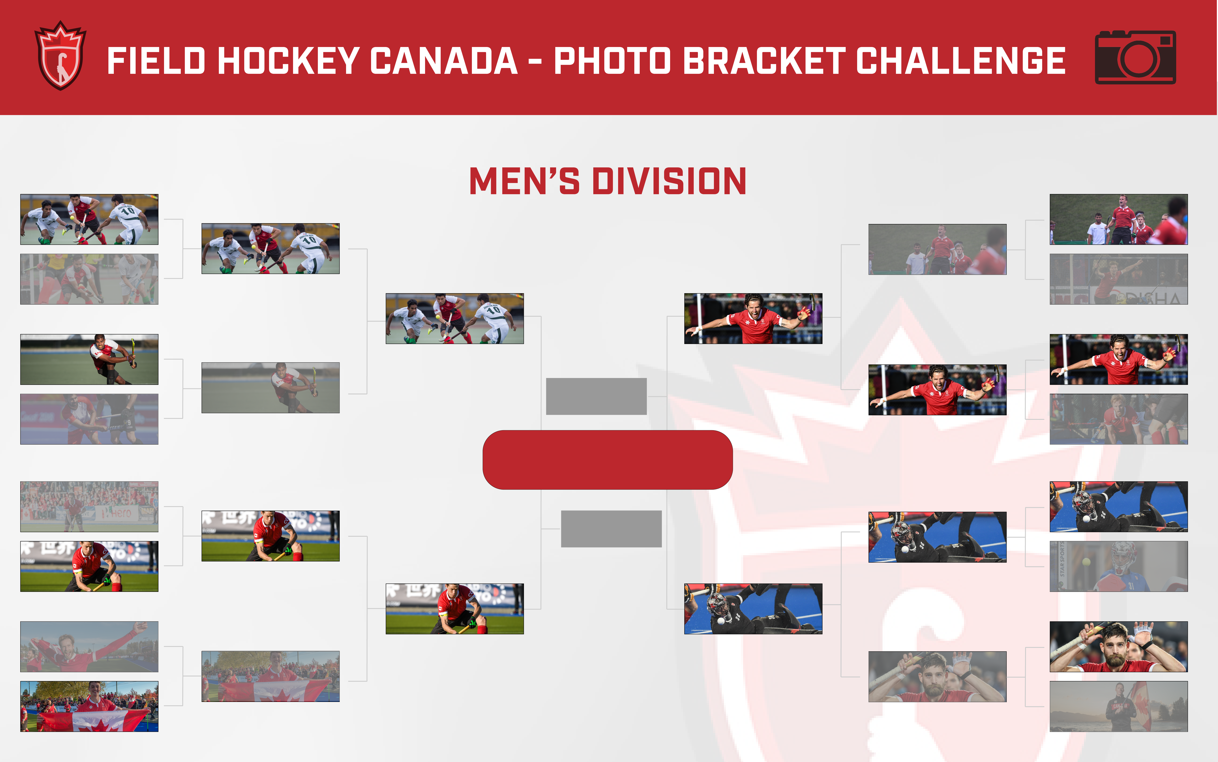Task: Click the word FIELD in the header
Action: [x=156, y=61]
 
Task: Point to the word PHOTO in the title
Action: [x=612, y=61]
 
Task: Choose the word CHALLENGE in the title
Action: [x=961, y=61]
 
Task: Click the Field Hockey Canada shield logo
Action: [x=60, y=55]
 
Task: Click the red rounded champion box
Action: [x=608, y=460]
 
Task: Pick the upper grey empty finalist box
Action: [x=596, y=396]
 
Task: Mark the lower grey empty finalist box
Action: [x=611, y=529]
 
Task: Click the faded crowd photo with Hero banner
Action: [x=89, y=506]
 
